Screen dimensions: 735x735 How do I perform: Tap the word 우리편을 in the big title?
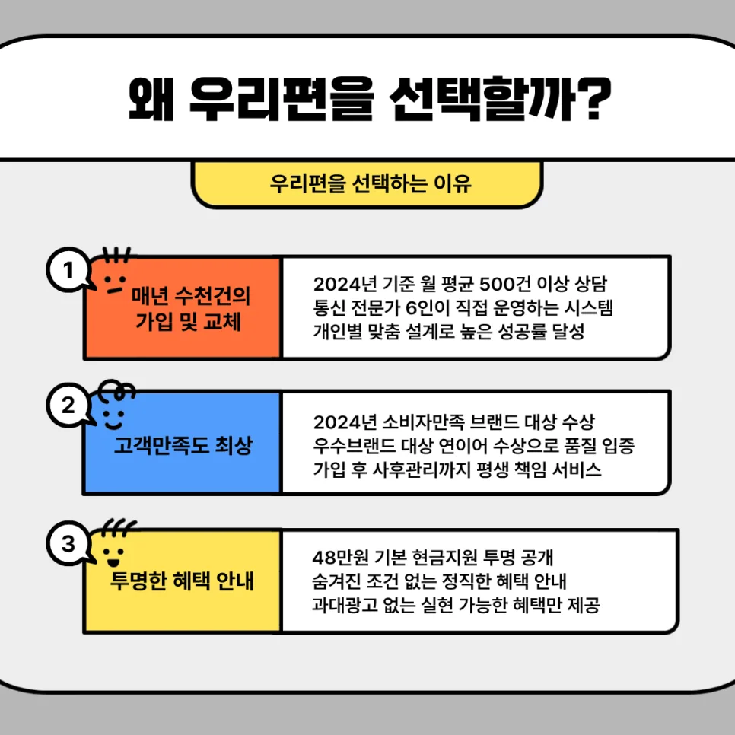coord(282,98)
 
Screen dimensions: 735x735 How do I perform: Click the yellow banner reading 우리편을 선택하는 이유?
coord(367,184)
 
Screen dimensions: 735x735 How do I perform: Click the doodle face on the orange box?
coord(115,284)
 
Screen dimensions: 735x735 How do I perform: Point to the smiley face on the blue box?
coord(114,419)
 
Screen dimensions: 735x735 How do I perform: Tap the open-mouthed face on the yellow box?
coord(113,556)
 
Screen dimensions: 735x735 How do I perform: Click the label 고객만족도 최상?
coord(183,445)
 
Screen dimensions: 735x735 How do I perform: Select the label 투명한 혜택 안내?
coord(182,581)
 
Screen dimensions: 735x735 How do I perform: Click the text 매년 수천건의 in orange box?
coord(191,295)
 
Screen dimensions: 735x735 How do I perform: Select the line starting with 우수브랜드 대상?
coord(474,446)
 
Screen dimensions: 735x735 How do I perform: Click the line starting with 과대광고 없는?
coord(456,605)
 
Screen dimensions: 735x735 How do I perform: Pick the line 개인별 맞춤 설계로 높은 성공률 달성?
coord(449,332)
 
